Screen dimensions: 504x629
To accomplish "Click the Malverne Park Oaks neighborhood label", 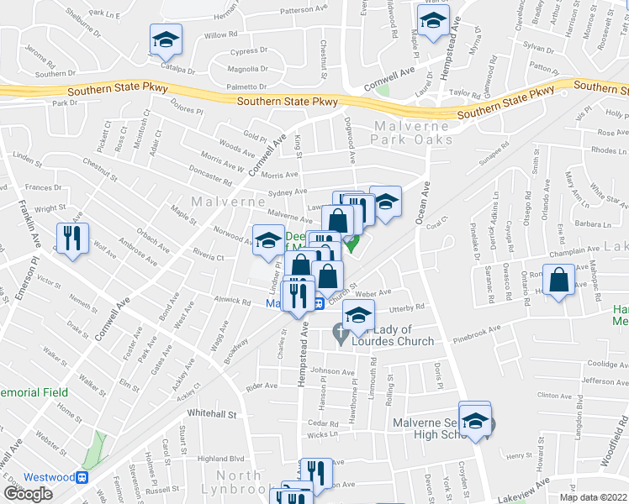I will coord(412,132).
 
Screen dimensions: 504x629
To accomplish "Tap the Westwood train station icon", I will coord(82,477).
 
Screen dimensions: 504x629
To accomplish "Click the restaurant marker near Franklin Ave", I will coord(71,239).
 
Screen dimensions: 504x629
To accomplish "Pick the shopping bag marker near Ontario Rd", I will coord(559,281).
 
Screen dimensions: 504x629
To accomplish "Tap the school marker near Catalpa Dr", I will coord(166,39).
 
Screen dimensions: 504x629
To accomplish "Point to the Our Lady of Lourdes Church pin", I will coord(341,334).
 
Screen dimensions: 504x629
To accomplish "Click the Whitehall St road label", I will coord(214,414).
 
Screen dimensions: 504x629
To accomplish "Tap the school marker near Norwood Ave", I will coord(268,239).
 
